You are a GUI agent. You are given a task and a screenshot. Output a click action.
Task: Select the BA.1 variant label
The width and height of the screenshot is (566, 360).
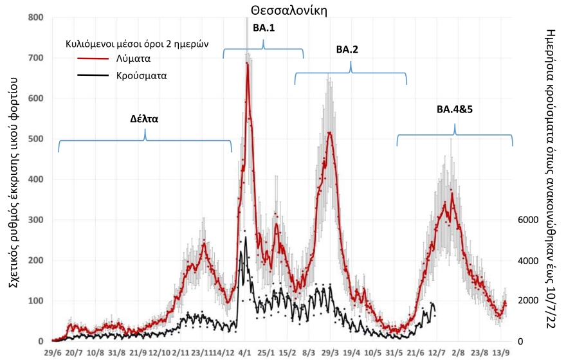point(263,28)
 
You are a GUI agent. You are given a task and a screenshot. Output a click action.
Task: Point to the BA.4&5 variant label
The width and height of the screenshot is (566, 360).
point(455,109)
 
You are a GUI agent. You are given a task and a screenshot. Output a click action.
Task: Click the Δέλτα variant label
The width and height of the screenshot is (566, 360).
point(145,119)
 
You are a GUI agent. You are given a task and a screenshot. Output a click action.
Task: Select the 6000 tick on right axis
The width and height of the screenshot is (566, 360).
point(529,220)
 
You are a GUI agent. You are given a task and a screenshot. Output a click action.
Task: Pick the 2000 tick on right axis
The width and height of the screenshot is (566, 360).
point(529,301)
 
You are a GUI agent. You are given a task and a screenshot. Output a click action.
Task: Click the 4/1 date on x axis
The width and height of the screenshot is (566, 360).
point(245,353)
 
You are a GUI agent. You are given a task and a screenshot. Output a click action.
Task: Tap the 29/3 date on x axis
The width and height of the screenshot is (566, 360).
point(330,353)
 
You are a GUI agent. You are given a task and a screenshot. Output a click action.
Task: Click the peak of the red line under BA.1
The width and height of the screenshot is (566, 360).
point(247,64)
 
